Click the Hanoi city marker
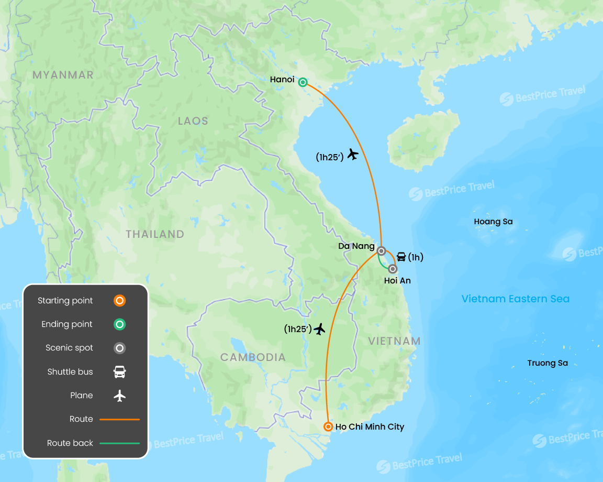click(x=303, y=82)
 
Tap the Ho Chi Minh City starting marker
click(x=328, y=426)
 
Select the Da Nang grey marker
click(x=382, y=250)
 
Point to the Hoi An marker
click(x=393, y=269)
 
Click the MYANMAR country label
click(x=63, y=75)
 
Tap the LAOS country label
click(x=193, y=121)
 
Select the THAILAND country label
click(x=155, y=234)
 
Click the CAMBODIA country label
click(x=253, y=357)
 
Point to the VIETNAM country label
click(x=394, y=341)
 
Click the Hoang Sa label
click(x=493, y=222)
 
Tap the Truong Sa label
click(x=548, y=363)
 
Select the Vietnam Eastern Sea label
click(x=515, y=299)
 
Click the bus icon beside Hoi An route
click(x=401, y=257)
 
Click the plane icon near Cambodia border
click(x=319, y=328)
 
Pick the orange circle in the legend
click(x=119, y=301)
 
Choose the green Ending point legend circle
click(x=119, y=324)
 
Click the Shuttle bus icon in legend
click(x=120, y=372)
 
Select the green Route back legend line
click(x=119, y=443)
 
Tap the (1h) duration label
click(x=416, y=257)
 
